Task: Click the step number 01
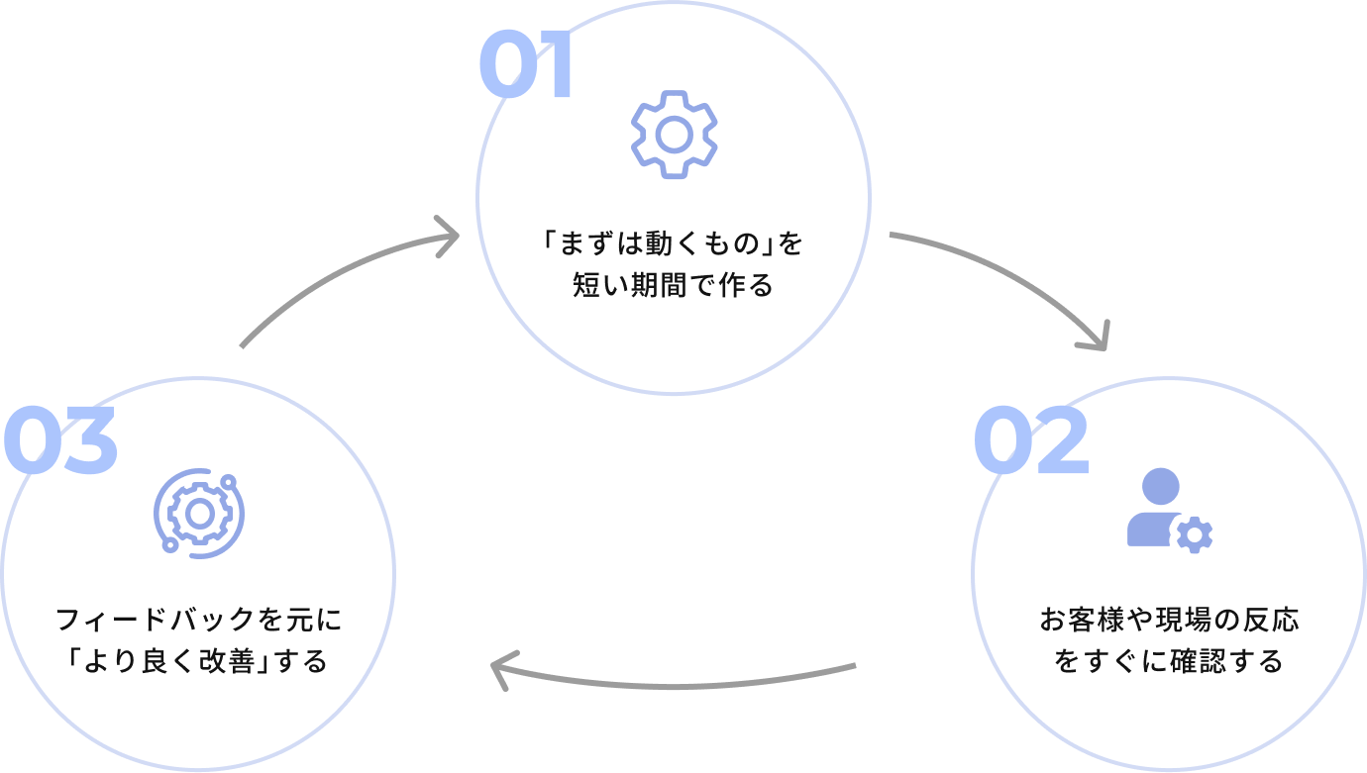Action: pos(526,65)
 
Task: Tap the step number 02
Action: pos(1030,441)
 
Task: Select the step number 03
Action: pos(59,441)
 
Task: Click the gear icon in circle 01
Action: pos(674,134)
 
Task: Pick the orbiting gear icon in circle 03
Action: pos(199,512)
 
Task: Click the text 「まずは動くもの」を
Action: pos(673,243)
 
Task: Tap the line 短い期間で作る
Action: pos(673,286)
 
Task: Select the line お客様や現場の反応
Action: pos(1169,621)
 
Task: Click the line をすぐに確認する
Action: pos(1169,660)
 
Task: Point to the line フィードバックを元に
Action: pos(198,621)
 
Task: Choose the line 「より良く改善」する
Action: pos(198,660)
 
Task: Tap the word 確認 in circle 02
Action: pos(1192,660)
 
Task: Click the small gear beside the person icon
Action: pos(1194,535)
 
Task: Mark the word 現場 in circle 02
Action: pos(1180,621)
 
